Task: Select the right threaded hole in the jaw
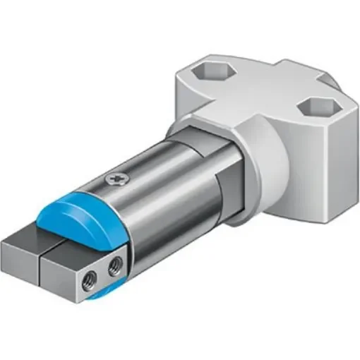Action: [114, 267]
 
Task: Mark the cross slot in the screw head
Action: [116, 179]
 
